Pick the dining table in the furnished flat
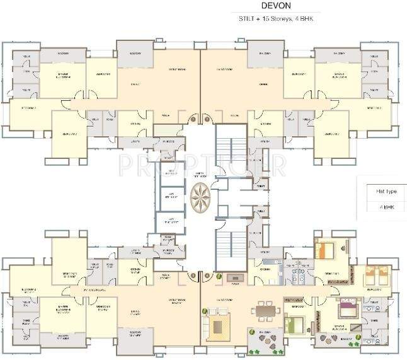(x=264, y=310)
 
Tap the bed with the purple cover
(x=348, y=308)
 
